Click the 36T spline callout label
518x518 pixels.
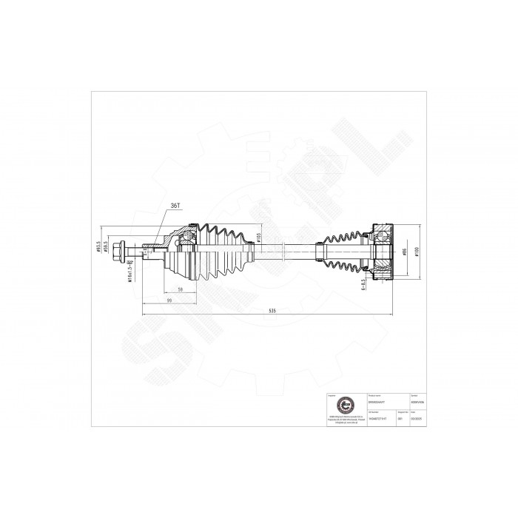coord(176,205)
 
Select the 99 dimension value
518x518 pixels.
coord(169,301)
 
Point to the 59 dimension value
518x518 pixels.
coord(181,289)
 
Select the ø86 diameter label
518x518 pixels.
coord(406,252)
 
